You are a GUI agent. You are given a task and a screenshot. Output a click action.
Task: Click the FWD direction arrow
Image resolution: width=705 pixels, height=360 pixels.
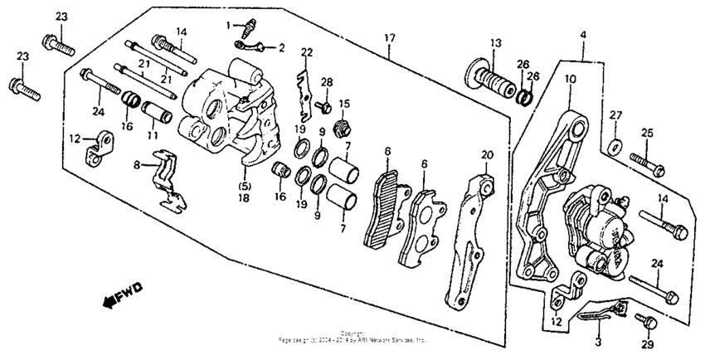121,294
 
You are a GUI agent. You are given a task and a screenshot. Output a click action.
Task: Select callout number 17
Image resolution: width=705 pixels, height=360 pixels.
389,37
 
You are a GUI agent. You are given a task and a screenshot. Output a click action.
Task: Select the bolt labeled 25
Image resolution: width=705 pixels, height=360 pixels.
648,161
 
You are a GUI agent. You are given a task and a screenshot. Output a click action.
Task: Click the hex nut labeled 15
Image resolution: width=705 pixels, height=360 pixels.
338,129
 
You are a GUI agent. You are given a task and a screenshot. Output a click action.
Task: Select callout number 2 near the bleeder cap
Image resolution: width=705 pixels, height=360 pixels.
281,48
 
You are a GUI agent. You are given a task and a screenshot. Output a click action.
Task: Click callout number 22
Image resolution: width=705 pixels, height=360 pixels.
307,53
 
